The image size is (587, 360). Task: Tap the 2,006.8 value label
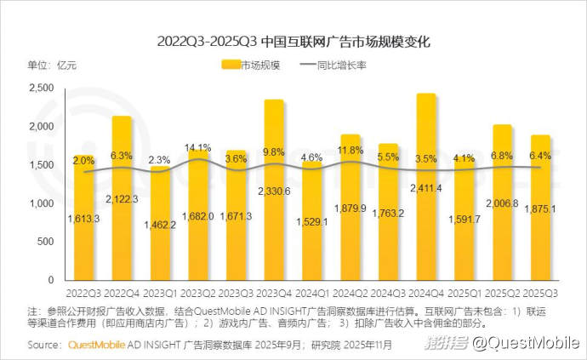point(502,205)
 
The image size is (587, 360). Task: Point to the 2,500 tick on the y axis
point(43,88)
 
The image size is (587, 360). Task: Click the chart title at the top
point(293,40)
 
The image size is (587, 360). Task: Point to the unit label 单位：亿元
point(52,66)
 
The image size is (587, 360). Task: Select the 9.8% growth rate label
point(274,152)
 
